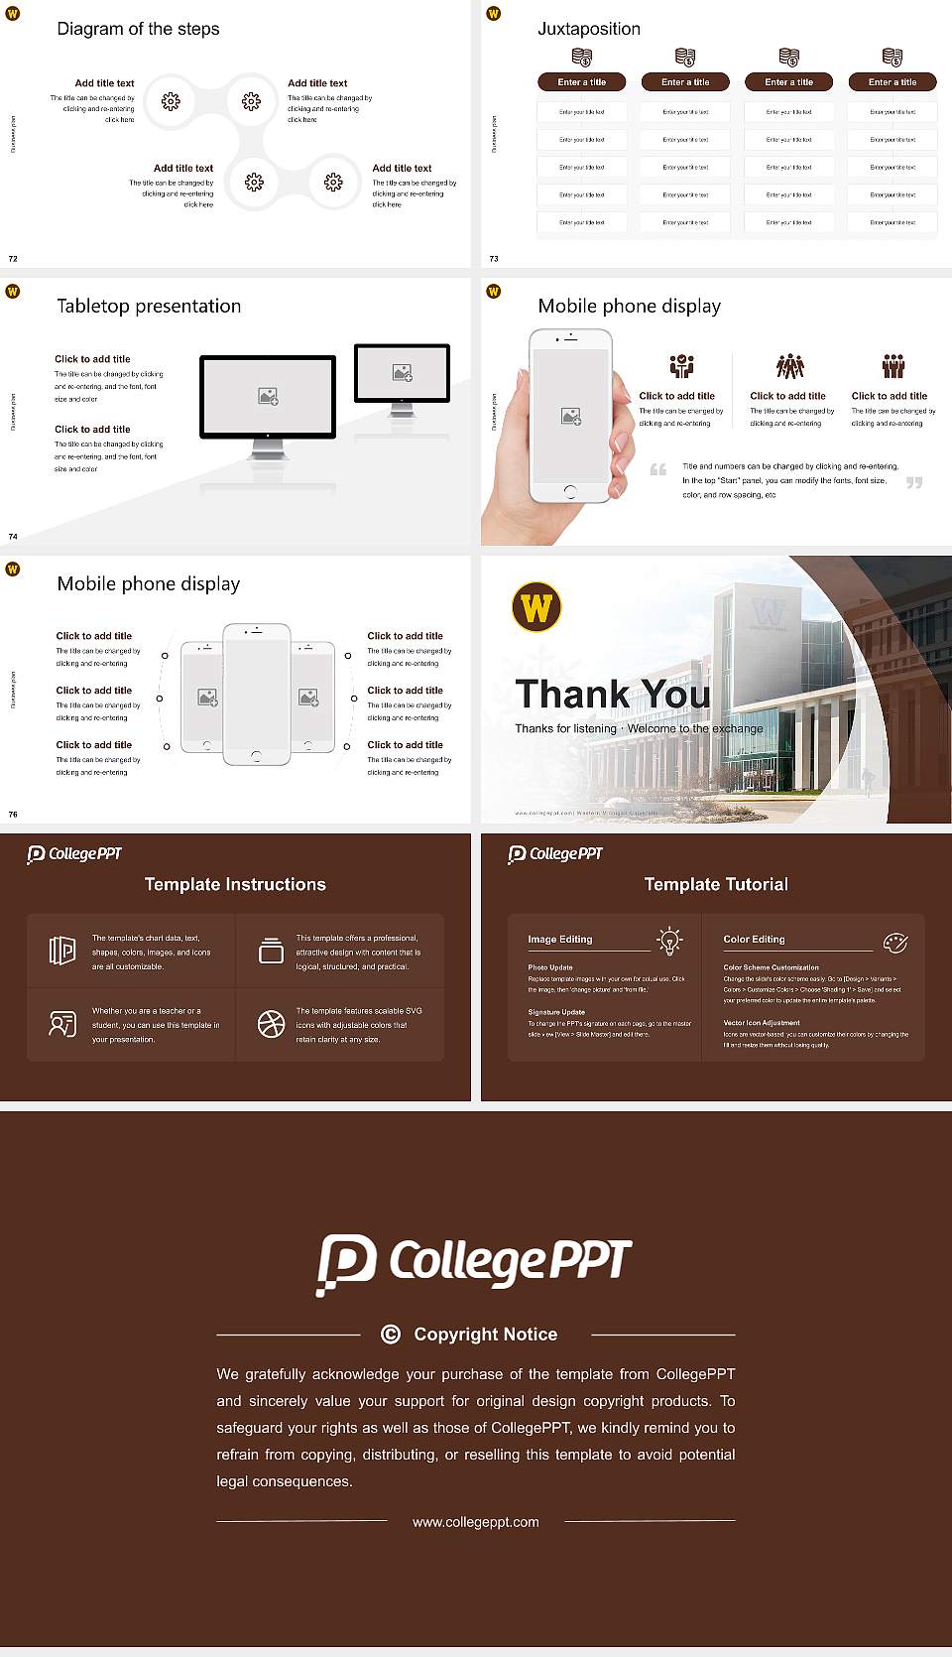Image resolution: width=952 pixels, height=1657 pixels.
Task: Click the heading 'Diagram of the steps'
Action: [x=138, y=29]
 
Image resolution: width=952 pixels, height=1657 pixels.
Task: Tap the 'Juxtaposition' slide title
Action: [x=588, y=29]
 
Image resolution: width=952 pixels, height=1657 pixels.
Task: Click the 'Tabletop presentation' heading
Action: [x=149, y=306]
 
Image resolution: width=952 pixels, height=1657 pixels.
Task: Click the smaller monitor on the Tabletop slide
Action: [x=402, y=373]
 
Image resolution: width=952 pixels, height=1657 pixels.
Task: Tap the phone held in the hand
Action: [x=569, y=416]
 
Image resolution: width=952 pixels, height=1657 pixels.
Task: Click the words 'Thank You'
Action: [x=613, y=694]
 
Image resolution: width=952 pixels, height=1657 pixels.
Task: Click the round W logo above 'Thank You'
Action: [x=536, y=607]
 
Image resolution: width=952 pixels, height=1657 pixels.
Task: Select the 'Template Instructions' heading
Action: [x=235, y=884]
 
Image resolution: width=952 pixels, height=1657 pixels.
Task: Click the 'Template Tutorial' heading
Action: [x=716, y=884]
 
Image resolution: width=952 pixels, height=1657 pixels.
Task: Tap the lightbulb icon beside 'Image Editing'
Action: [x=669, y=941]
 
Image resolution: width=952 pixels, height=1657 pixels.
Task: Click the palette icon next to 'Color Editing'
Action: [x=894, y=942]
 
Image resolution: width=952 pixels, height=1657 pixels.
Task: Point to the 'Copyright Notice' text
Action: [x=485, y=1335]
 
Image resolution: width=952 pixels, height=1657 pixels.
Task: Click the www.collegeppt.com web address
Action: [x=476, y=1522]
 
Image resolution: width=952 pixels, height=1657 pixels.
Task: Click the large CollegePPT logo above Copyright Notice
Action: [x=474, y=1263]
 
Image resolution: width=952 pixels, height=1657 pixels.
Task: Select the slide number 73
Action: [x=494, y=259]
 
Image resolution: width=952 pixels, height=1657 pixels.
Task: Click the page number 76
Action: [x=13, y=815]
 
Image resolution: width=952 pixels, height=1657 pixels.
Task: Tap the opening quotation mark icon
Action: [x=657, y=469]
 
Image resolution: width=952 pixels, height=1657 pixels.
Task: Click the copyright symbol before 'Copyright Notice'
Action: [x=391, y=1335]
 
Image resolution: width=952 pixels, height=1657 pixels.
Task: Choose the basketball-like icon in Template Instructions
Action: [x=271, y=1024]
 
